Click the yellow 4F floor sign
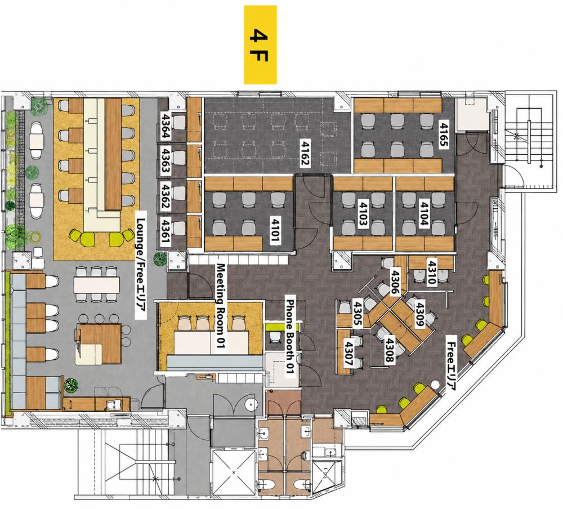coord(260,45)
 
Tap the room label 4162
coord(305,152)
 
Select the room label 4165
coord(444,134)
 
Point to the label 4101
coord(275,230)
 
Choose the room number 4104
coord(424,213)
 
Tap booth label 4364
coord(166,126)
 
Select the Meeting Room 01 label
coord(220,306)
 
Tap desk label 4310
coord(431,272)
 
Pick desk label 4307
coord(348,354)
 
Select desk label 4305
coord(358,313)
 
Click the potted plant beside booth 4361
coord(159,258)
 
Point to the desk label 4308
coord(390,349)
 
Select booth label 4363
coord(166,161)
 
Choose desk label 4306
coord(395,282)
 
